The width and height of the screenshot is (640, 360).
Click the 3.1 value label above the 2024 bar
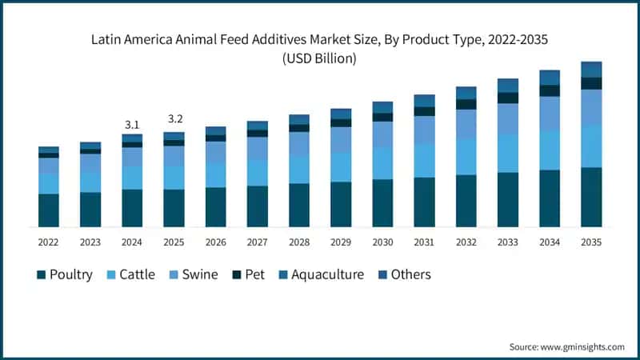[132, 125]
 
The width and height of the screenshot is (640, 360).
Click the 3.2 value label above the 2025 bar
[174, 119]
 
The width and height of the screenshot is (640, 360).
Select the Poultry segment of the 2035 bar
[591, 197]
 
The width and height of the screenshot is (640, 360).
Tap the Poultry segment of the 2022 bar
[49, 210]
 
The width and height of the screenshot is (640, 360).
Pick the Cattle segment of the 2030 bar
[382, 163]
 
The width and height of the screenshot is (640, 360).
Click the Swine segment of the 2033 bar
[508, 118]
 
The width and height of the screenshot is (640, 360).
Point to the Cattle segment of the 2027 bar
[258, 173]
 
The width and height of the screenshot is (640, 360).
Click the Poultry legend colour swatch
[41, 275]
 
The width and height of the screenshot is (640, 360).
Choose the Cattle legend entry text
[141, 274]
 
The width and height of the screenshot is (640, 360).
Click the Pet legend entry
[254, 274]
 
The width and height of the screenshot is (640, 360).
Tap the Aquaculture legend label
[327, 274]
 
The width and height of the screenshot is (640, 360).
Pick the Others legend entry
[410, 274]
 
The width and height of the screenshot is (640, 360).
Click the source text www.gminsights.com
[583, 346]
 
